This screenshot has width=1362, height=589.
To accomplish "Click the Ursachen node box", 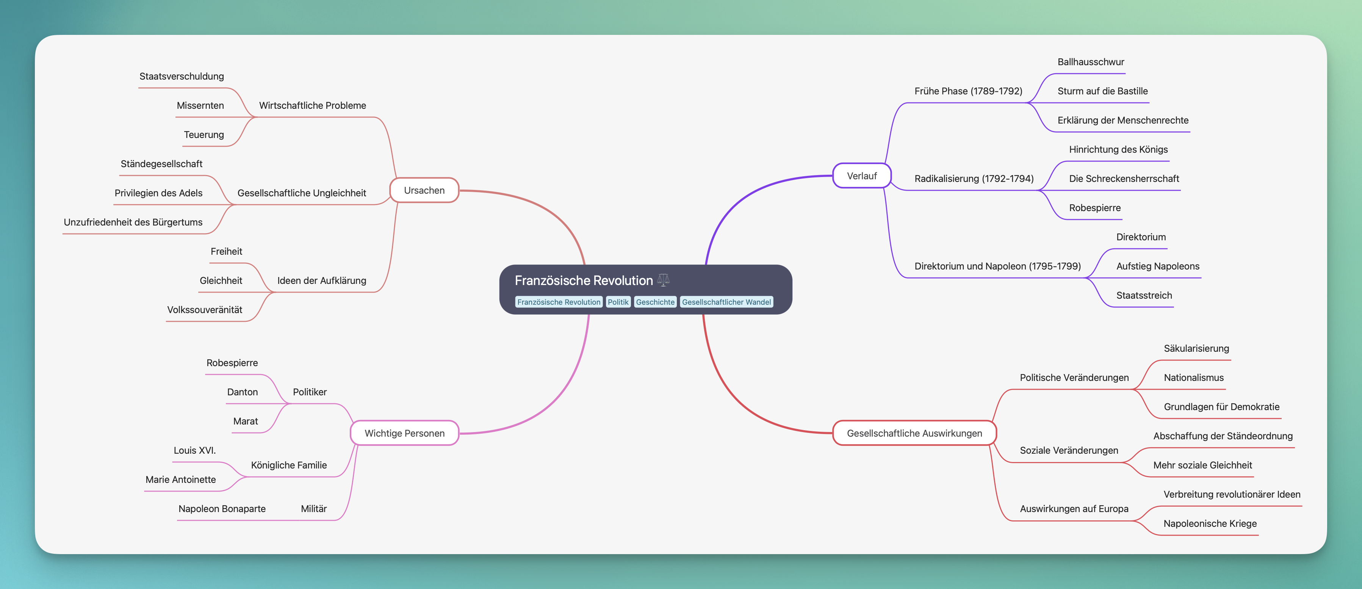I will (424, 190).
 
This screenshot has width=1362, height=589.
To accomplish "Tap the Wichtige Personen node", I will (404, 433).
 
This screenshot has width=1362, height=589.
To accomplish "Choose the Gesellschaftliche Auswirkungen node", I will (914, 433).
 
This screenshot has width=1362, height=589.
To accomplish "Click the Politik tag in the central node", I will (618, 302).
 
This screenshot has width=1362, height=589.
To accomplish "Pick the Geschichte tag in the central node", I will (655, 302).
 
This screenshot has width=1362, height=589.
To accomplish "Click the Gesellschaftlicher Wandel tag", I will (726, 302).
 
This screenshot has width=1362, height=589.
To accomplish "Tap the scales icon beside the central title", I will (663, 280).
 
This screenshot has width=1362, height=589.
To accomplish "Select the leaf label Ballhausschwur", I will (1090, 62).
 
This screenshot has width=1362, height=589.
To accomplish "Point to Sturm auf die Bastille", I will (1102, 91).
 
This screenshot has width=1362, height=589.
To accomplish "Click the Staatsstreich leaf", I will (1144, 295).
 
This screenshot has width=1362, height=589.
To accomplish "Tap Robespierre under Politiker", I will (232, 363).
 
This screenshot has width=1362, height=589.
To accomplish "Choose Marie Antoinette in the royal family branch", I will (180, 479).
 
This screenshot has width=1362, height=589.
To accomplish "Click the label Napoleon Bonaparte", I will (222, 509).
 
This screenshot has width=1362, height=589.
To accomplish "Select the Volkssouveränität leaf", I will (205, 310).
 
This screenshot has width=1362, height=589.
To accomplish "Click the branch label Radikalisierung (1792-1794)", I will (974, 179).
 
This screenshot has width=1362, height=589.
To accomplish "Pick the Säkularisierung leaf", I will (1196, 348).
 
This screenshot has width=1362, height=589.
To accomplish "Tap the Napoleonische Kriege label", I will (1210, 523).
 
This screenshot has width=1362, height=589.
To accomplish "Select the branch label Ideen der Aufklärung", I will (321, 281).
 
